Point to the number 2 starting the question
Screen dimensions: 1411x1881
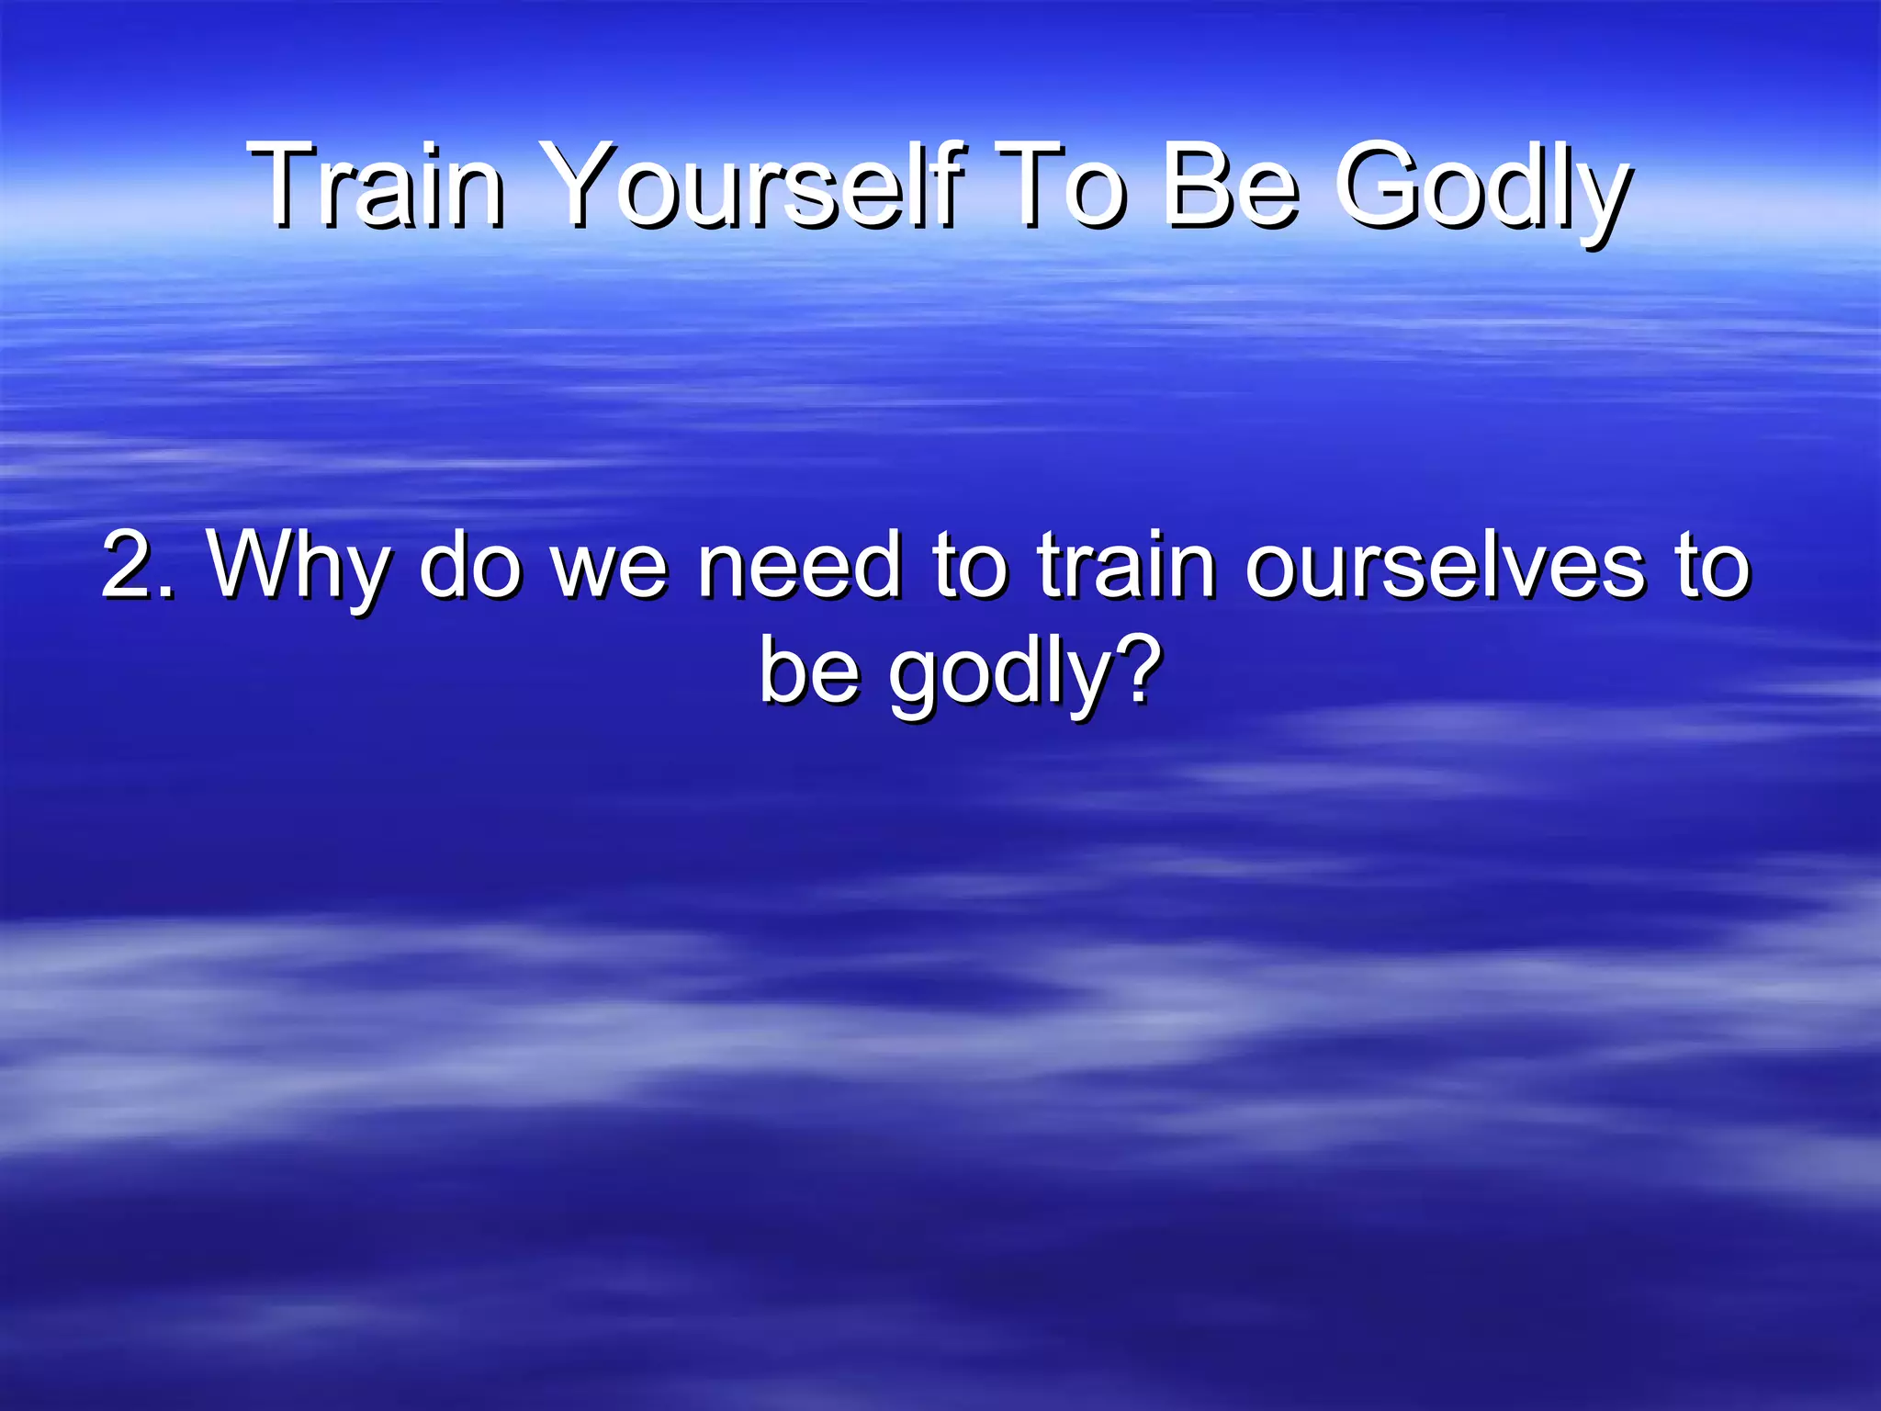coord(127,565)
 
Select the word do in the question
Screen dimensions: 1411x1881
coord(470,565)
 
